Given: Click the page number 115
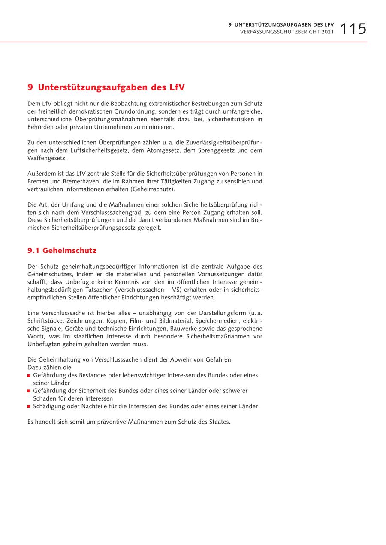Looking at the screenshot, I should click(x=353, y=29).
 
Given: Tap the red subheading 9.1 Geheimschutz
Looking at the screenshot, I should click(x=62, y=251).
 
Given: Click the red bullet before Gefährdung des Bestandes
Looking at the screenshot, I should click(x=29, y=376).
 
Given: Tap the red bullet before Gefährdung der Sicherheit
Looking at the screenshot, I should click(x=29, y=391).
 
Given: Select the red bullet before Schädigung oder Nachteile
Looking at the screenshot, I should click(x=29, y=407).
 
